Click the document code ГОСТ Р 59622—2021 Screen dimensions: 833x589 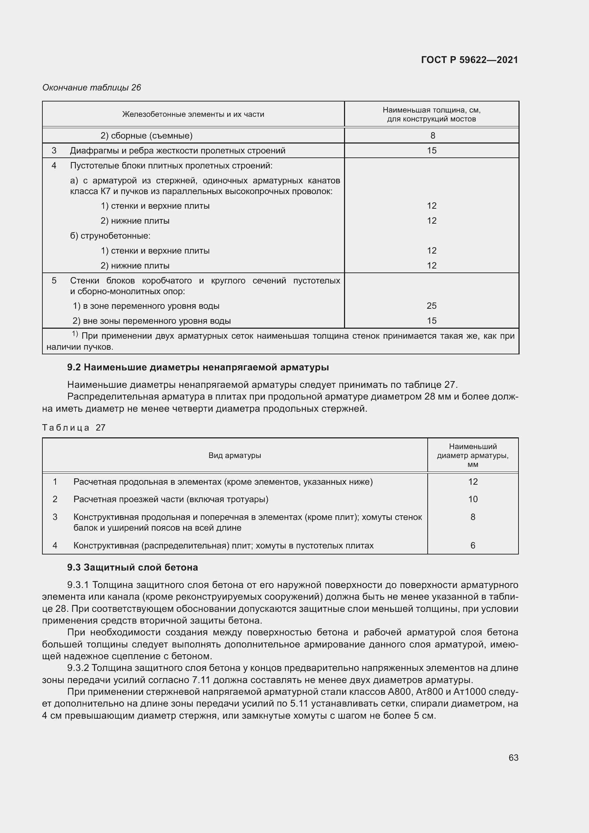469,60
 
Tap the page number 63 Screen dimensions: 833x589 513,757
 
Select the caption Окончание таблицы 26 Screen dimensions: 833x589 92,88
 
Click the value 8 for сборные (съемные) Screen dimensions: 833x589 432,136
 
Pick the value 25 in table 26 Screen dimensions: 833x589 431,306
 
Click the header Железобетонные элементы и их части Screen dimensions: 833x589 193,114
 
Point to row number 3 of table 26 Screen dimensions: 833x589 54,151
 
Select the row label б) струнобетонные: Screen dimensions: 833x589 110,236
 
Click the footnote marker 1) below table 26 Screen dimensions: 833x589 75,333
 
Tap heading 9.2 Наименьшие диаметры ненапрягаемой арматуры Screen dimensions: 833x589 198,367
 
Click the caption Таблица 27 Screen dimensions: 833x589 74,427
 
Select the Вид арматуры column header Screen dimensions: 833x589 235,455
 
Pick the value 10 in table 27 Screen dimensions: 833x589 473,499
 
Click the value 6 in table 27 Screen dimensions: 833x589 473,545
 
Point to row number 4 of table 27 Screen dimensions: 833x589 55,545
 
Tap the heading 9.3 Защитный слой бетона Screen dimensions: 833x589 132,567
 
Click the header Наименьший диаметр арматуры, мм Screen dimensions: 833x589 473,455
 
